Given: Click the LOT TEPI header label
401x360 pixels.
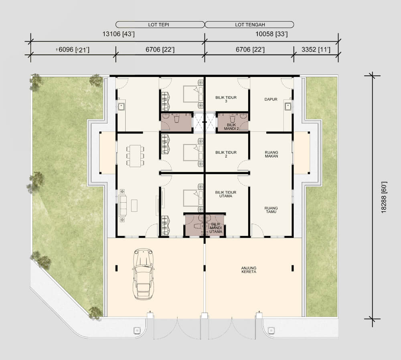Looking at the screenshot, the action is click(x=158, y=25).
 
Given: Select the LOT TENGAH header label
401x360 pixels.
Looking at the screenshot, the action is click(x=250, y=25).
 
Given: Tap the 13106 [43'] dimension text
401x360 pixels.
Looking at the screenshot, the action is click(x=118, y=34).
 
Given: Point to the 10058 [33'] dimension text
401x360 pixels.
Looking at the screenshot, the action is click(x=271, y=34).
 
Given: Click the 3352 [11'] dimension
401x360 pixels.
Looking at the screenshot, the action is click(x=316, y=49).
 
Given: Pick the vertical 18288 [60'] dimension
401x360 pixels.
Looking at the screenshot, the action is click(x=384, y=197).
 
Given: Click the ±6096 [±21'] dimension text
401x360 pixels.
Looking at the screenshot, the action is click(x=73, y=50).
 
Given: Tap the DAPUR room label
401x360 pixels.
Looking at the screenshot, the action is click(x=271, y=99).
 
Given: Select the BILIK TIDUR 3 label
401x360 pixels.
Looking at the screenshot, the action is click(x=226, y=99).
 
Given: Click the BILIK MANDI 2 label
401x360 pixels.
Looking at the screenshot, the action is click(x=231, y=127).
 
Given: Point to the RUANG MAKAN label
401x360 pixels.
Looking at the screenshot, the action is click(x=271, y=154).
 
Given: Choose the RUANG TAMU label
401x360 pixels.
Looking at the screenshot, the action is click(x=271, y=210).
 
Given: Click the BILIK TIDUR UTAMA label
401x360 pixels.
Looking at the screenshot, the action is click(x=225, y=194).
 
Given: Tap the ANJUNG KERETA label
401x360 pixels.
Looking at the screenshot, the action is click(x=249, y=270).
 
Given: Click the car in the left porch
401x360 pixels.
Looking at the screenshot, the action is click(x=144, y=273).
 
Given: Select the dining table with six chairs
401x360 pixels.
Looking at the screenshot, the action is click(x=135, y=156).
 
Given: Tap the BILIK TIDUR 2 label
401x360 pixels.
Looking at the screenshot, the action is click(x=226, y=154).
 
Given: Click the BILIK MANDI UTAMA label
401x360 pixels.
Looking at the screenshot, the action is click(x=216, y=228).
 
